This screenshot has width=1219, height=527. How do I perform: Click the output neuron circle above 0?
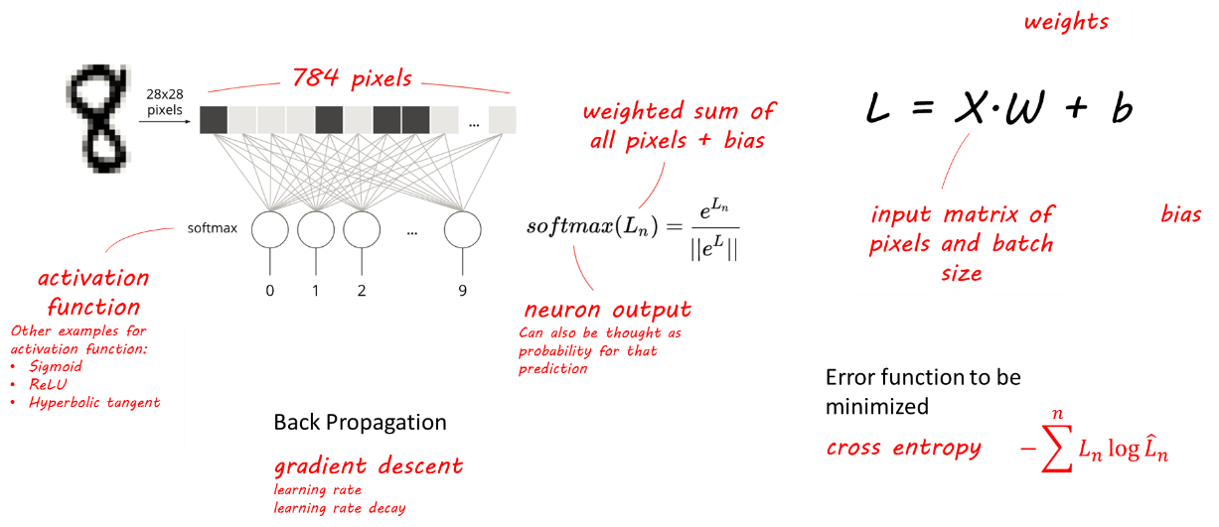270,229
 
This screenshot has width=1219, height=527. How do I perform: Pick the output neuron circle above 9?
462,229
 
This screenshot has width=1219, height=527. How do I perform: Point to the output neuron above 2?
362,229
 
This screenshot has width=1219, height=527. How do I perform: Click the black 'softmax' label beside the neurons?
213,228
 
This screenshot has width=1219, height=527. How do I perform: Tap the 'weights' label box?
1065,23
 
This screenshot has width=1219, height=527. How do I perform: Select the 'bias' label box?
1180,214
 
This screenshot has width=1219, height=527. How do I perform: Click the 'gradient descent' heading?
368,466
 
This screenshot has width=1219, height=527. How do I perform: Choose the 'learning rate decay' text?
340,509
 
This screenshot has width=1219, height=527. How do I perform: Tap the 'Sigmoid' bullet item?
55,366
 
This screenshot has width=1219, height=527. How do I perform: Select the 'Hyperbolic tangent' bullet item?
93,402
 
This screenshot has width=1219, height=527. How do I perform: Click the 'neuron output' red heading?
607,310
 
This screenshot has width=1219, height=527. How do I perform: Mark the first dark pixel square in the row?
214,119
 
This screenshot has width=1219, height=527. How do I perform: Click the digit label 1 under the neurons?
316,291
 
